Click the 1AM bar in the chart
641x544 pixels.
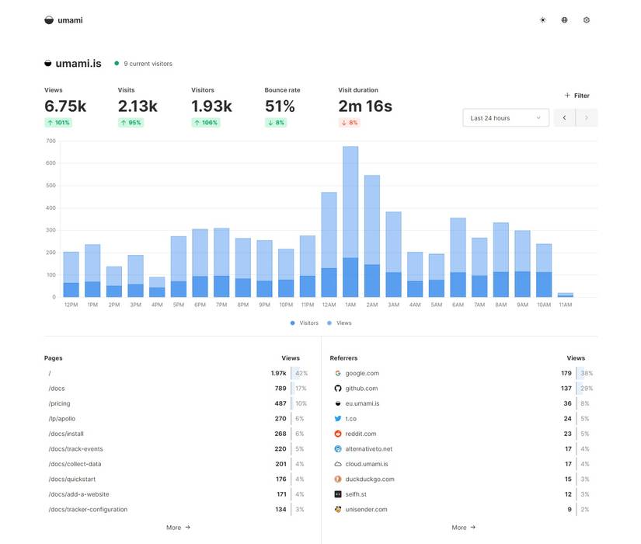pyautogui.click(x=350, y=221)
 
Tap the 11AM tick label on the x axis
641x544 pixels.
pyautogui.click(x=565, y=305)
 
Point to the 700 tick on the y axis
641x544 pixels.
pyautogui.click(x=51, y=141)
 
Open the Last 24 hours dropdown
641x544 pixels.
pyautogui.click(x=505, y=118)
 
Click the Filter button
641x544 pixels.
pyautogui.click(x=577, y=96)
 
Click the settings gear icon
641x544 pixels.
pyautogui.click(x=587, y=20)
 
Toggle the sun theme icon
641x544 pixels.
pyautogui.click(x=542, y=20)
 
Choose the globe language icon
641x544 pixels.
pyautogui.click(x=565, y=20)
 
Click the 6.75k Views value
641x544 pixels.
pyautogui.click(x=65, y=106)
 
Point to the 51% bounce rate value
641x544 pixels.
pyautogui.click(x=280, y=106)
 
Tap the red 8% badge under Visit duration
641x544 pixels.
pyautogui.click(x=349, y=123)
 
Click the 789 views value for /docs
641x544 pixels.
pyautogui.click(x=280, y=389)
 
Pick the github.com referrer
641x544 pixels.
pyautogui.click(x=361, y=389)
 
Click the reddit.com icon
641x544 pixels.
pyautogui.click(x=338, y=434)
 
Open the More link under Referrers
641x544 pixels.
pyautogui.click(x=463, y=527)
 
